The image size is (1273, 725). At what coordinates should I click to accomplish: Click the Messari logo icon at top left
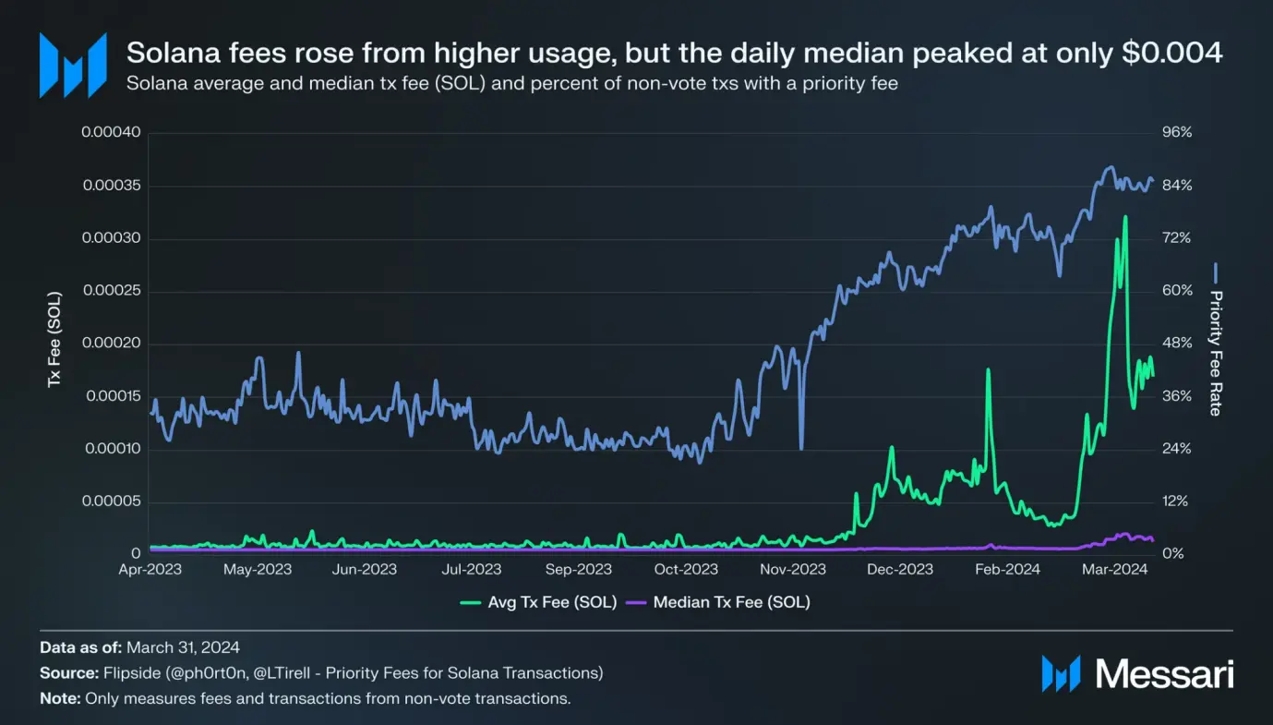coord(72,65)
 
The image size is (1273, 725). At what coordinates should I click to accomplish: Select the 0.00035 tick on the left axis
coord(111,186)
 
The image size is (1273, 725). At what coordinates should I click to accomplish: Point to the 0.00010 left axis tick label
coord(111,450)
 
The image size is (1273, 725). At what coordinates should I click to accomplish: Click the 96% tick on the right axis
coord(1176,133)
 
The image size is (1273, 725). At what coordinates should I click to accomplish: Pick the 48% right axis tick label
coord(1176,344)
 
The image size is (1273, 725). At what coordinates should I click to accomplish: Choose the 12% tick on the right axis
coord(1176,501)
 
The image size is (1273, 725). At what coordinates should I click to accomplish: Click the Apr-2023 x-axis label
coord(150,570)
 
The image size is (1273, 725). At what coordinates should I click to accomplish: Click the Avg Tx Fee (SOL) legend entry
coord(538,603)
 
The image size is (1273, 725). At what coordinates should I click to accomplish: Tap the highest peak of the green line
coord(1124,217)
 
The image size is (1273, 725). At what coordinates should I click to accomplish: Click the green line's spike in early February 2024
coord(988,370)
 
